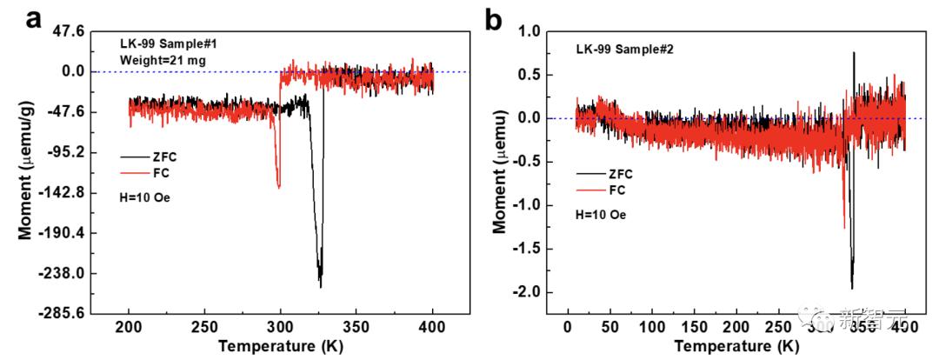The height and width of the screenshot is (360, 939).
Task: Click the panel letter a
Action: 34,18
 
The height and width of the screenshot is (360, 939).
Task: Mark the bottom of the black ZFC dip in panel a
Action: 321,286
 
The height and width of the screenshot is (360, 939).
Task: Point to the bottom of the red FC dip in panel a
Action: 278,186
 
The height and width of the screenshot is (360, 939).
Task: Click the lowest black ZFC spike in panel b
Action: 852,288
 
